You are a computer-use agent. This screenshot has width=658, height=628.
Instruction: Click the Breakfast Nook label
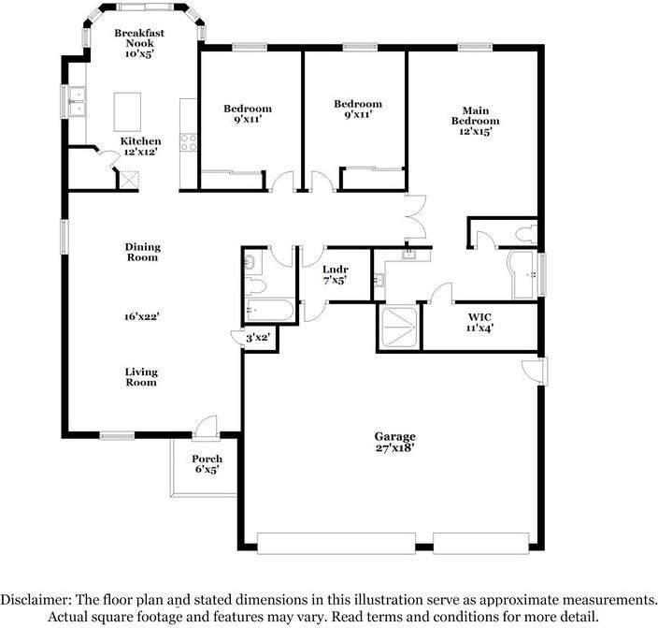pyautogui.click(x=139, y=38)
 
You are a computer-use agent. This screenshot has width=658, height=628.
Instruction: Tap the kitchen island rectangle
pyautogui.click(x=127, y=111)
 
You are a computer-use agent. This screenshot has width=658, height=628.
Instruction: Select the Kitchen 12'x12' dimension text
pyautogui.click(x=140, y=152)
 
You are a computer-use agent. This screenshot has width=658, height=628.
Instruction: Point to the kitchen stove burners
pyautogui.click(x=189, y=141)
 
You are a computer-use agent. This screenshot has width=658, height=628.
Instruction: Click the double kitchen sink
pyautogui.click(x=78, y=101)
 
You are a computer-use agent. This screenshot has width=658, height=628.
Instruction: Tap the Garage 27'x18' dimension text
pyautogui.click(x=395, y=448)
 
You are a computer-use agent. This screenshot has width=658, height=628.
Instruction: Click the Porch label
pyautogui.click(x=207, y=459)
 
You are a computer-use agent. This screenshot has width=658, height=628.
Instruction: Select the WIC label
pyautogui.click(x=479, y=317)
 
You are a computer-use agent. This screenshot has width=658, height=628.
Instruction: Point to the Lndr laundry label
pyautogui.click(x=336, y=270)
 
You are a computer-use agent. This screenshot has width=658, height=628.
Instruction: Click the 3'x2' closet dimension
pyautogui.click(x=258, y=337)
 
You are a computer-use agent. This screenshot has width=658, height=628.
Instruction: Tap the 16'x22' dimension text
pyautogui.click(x=141, y=316)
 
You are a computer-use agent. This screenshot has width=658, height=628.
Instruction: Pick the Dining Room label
pyautogui.click(x=143, y=252)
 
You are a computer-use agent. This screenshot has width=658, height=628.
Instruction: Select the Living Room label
pyautogui.click(x=141, y=377)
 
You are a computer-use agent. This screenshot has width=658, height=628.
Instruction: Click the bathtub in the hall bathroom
pyautogui.click(x=270, y=310)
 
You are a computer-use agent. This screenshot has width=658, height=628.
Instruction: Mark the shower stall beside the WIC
pyautogui.click(x=398, y=327)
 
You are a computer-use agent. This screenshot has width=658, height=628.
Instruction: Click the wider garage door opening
pyautogui.click(x=336, y=544)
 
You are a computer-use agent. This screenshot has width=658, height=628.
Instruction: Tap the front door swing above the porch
pyautogui.click(x=206, y=427)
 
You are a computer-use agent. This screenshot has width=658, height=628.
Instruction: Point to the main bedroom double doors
pyautogui.click(x=416, y=218)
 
